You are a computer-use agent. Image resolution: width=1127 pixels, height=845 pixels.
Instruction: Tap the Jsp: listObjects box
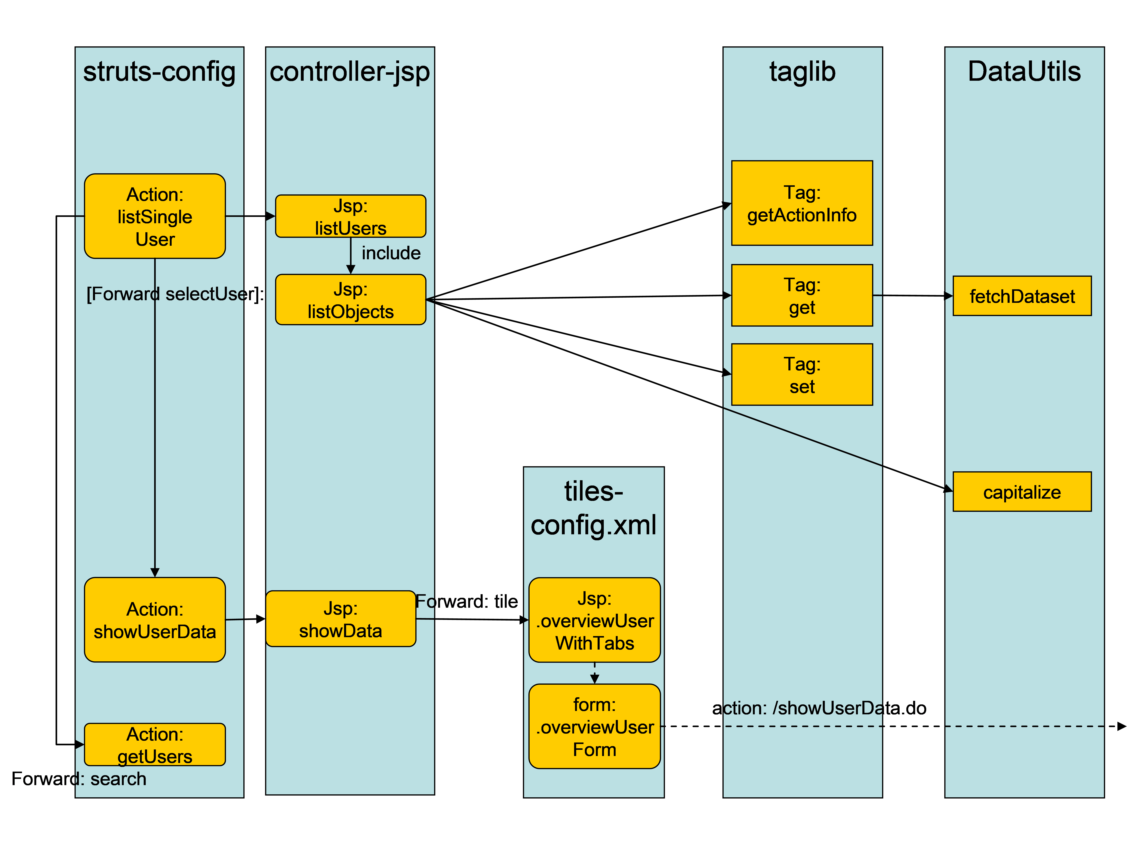tap(350, 299)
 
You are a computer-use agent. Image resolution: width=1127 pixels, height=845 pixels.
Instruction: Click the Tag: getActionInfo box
tap(802, 203)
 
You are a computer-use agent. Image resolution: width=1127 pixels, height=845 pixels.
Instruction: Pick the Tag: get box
tap(802, 295)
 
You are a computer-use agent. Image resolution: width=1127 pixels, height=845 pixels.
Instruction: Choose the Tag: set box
tap(802, 375)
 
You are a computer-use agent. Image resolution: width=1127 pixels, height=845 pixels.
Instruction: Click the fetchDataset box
tap(1022, 296)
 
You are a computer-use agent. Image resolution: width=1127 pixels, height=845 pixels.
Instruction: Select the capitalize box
tap(1022, 491)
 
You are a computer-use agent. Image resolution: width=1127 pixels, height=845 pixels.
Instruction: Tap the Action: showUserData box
tap(155, 620)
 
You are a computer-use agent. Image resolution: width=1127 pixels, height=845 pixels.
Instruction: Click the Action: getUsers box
tap(155, 745)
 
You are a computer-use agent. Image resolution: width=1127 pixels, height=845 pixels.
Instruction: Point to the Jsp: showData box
tap(340, 619)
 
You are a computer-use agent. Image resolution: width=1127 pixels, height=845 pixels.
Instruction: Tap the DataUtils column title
tap(1024, 71)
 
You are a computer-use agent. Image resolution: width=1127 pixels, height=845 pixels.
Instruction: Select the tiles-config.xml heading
tap(594, 508)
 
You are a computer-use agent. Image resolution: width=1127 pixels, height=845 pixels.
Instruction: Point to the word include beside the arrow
tap(391, 253)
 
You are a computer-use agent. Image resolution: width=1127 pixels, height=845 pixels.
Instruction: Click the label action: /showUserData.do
tap(819, 708)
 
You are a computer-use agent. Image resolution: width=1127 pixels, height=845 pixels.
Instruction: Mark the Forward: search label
tap(79, 779)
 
